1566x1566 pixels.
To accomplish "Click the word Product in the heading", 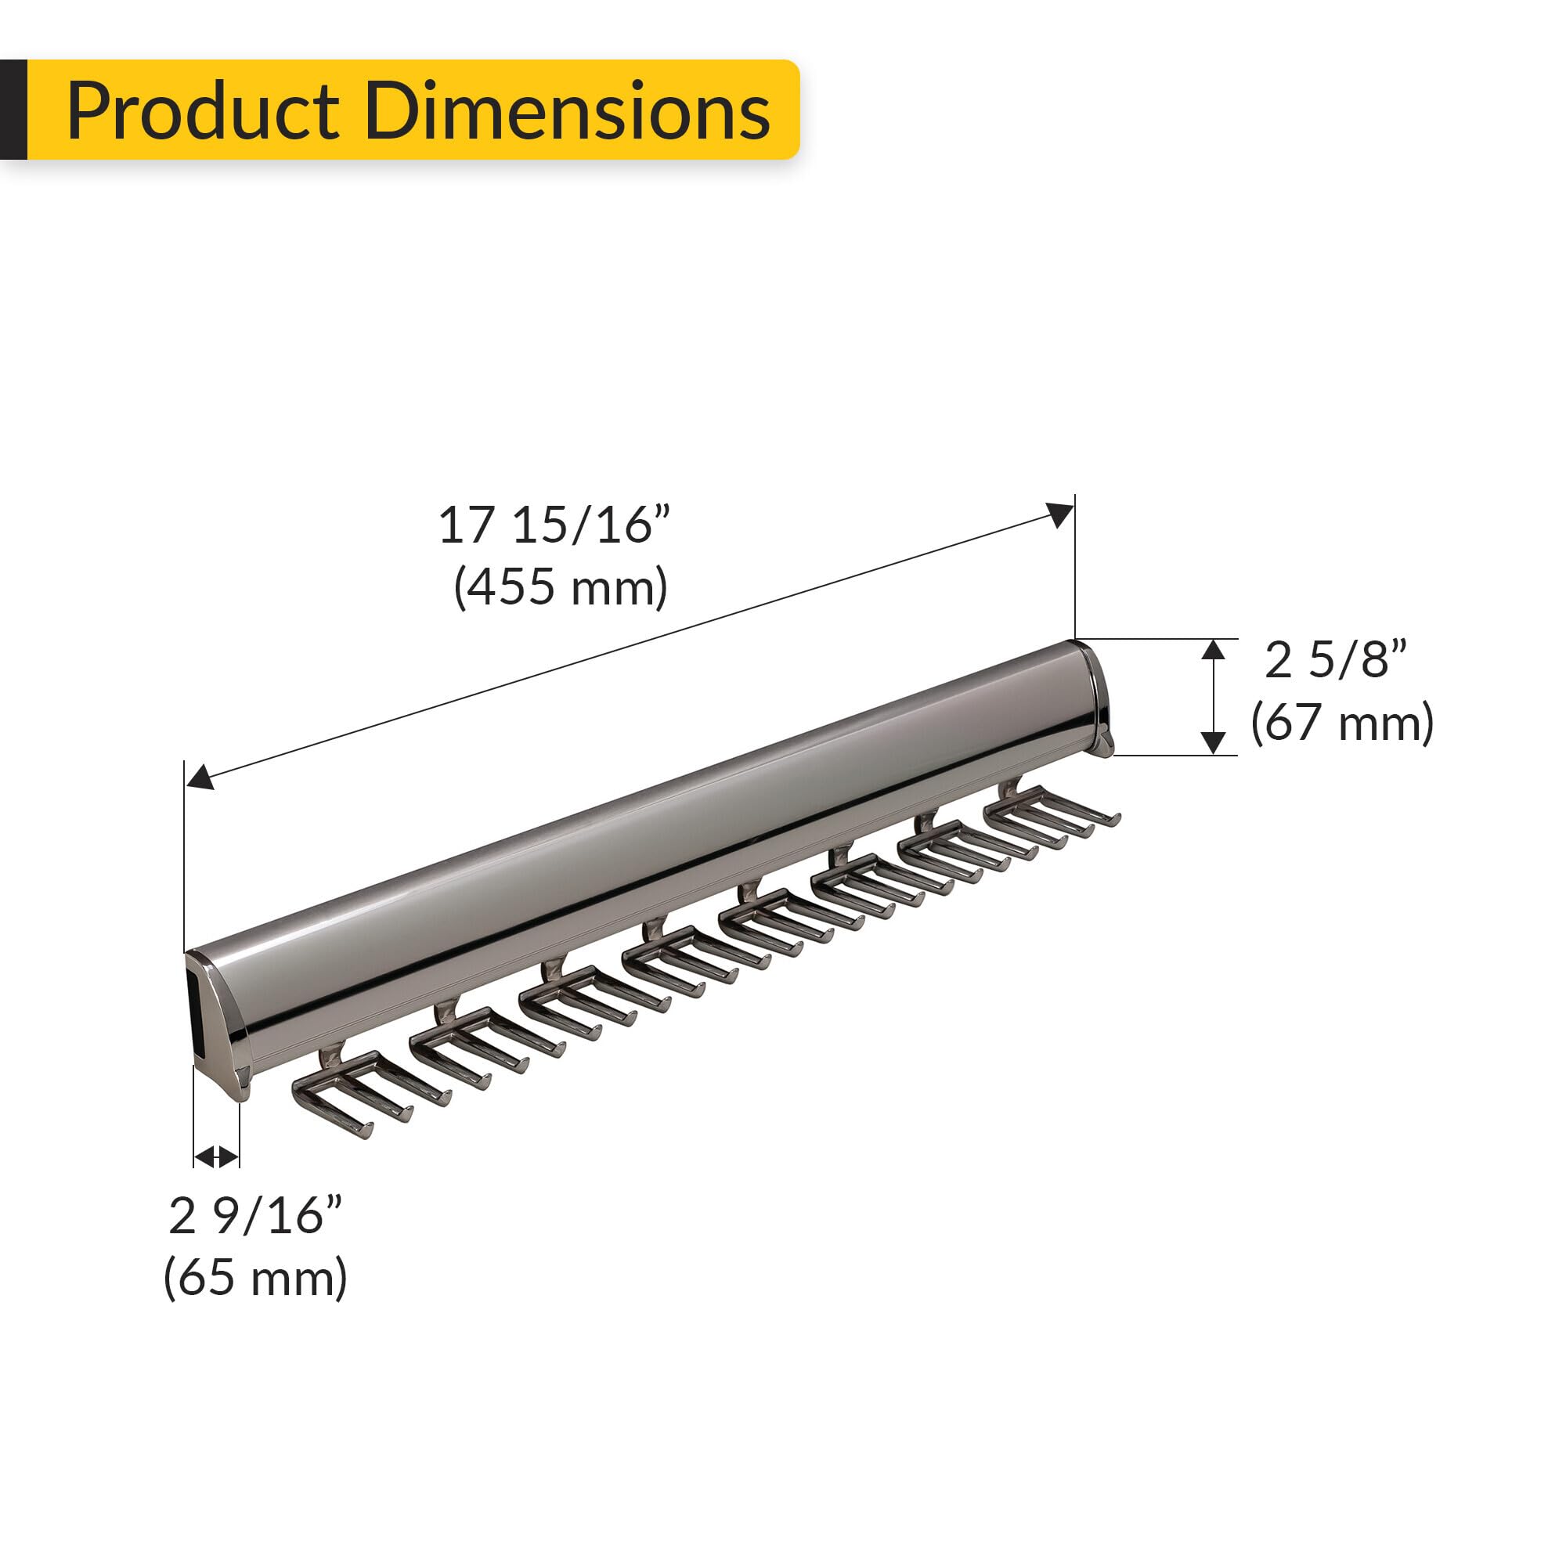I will pyautogui.click(x=203, y=112).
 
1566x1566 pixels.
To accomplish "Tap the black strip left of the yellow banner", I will pyautogui.click(x=13, y=110).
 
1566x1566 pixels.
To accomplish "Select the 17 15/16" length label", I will pyautogui.click(x=554, y=525).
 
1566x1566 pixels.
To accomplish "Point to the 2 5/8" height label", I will pyautogui.click(x=1336, y=660).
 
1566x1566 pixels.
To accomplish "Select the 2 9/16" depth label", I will pyautogui.click(x=255, y=1216).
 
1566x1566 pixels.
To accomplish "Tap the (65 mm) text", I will pyautogui.click(x=255, y=1279).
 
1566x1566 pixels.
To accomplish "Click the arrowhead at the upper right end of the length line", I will pyautogui.click(x=1060, y=514).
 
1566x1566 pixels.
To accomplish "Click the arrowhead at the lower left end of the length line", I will pyautogui.click(x=200, y=778).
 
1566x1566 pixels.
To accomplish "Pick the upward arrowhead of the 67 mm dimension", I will pyautogui.click(x=1213, y=650).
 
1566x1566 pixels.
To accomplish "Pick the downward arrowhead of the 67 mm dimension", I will pyautogui.click(x=1213, y=742).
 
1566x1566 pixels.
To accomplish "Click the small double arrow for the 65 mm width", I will pyautogui.click(x=216, y=1156).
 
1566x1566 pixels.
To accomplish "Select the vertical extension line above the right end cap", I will pyautogui.click(x=1075, y=568).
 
